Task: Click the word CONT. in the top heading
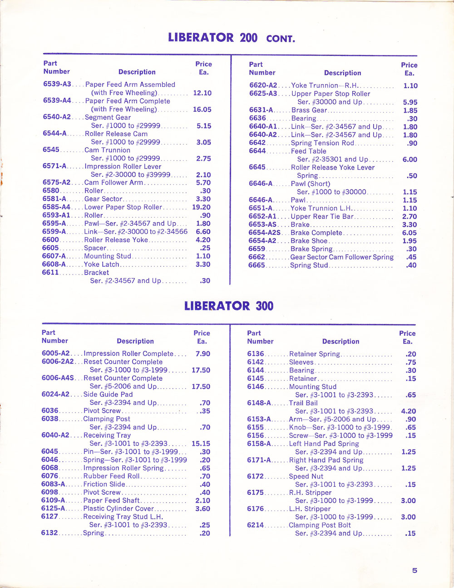281,39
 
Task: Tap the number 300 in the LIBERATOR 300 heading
264,306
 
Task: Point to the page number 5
415,570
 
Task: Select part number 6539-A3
57,84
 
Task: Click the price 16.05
202,110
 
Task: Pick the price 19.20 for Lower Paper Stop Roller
201,207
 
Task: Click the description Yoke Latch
102,264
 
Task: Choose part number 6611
51,272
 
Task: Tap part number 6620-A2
263,85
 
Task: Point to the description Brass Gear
309,110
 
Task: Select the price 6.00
410,159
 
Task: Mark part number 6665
257,265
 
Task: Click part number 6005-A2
55,353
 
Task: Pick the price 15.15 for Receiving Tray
201,443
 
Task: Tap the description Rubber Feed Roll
112,476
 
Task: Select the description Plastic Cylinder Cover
118,508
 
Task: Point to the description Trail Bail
303,403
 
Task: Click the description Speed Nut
306,476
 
